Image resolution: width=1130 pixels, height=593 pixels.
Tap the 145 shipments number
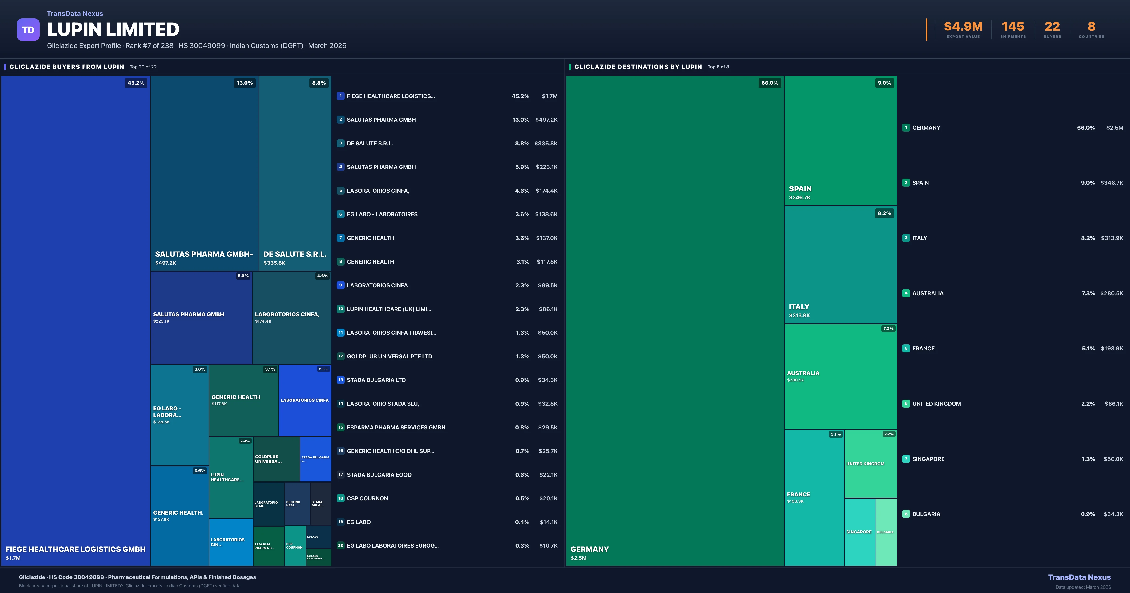pos(1013,27)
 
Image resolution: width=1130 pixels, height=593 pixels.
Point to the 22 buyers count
pos(1052,27)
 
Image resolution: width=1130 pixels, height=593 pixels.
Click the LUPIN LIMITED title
pos(113,29)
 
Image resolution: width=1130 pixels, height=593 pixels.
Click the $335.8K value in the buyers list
pos(546,143)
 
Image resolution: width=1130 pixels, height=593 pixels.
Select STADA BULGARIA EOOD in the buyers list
pos(379,475)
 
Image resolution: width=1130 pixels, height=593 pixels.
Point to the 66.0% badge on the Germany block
pos(769,83)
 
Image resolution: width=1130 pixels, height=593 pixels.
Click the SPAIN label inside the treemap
pos(800,188)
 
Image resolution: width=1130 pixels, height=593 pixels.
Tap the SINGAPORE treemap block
pos(859,532)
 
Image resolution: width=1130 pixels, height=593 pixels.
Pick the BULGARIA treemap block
pos(886,532)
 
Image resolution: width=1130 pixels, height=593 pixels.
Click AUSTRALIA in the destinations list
pos(928,293)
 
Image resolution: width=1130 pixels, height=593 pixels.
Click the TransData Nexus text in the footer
pos(1079,577)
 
